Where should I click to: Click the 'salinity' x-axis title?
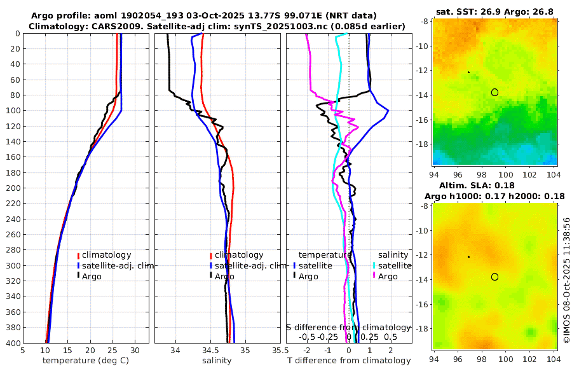(x=217, y=361)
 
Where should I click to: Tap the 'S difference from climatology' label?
(x=348, y=326)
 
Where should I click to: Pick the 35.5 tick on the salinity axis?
(x=278, y=350)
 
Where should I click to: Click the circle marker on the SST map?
(x=494, y=92)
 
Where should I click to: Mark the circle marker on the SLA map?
(x=494, y=277)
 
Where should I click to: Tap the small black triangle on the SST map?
(x=468, y=72)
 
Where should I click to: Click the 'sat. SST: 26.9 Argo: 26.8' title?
(x=495, y=11)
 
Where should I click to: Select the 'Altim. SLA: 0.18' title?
(x=495, y=184)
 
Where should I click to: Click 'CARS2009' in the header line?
(x=104, y=26)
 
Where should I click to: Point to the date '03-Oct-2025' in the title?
(x=189, y=15)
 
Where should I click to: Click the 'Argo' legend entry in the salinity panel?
(x=224, y=276)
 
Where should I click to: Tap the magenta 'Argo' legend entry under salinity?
(x=388, y=276)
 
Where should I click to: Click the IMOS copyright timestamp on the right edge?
(x=566, y=281)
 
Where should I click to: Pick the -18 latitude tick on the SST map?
(x=424, y=144)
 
